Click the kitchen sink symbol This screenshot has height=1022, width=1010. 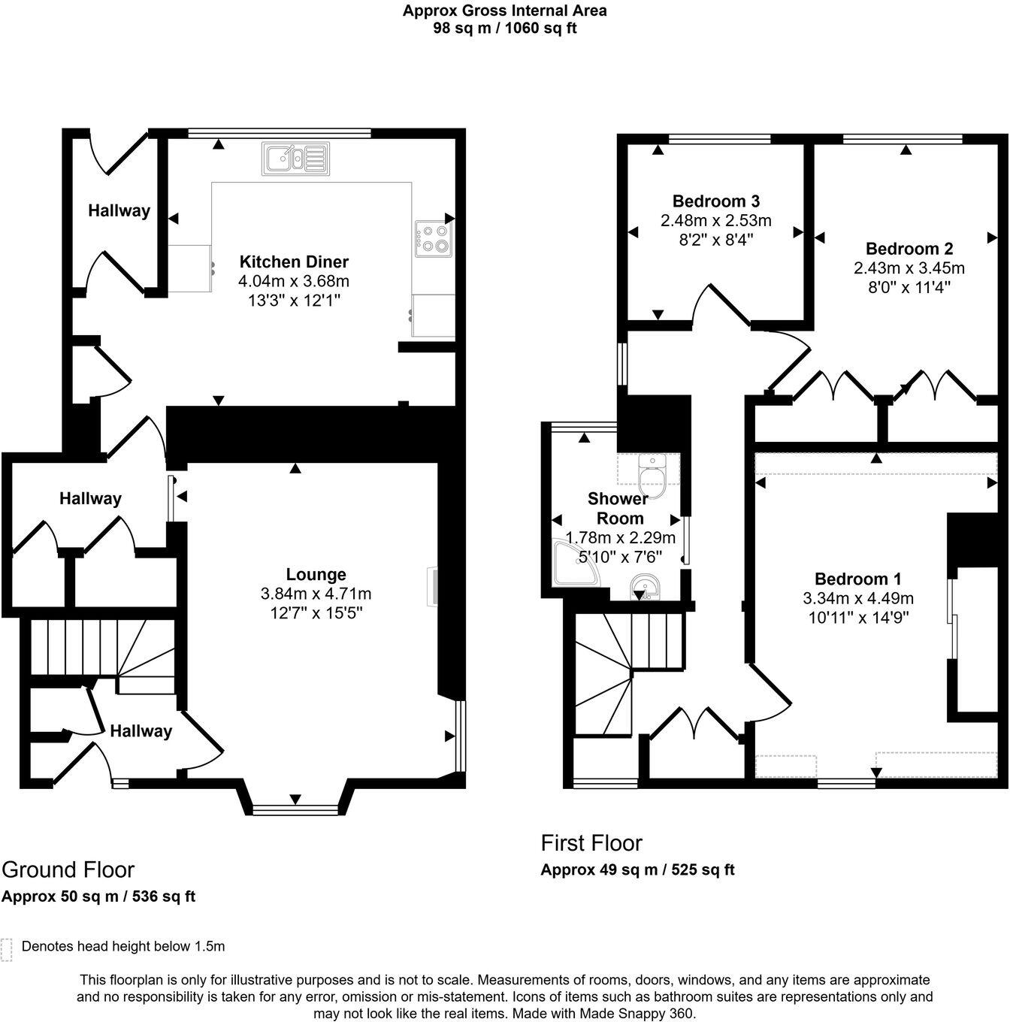(295, 159)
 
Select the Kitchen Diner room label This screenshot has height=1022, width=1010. (294, 262)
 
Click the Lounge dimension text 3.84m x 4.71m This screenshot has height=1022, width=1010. (316, 594)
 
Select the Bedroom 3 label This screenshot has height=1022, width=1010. (715, 201)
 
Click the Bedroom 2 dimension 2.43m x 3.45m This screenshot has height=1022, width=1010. (909, 268)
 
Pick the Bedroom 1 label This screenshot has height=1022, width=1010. (857, 579)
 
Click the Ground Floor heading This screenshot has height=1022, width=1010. (68, 869)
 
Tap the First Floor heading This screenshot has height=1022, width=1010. (591, 842)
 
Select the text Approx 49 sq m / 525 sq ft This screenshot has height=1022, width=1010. (637, 870)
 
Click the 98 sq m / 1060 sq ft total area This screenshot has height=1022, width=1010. (504, 29)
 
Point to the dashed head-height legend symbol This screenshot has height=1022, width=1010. (7, 950)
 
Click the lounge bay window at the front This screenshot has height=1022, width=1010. (295, 810)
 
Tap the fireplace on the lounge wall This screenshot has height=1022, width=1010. (434, 586)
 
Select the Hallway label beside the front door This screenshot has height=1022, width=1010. (141, 731)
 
